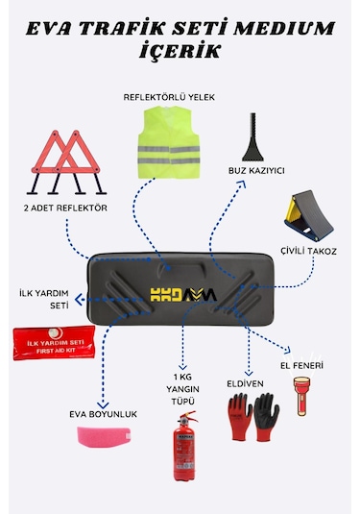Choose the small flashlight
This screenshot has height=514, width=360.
(x=302, y=397)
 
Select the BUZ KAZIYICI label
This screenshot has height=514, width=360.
(x=256, y=170)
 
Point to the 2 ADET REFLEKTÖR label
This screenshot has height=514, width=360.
(x=64, y=207)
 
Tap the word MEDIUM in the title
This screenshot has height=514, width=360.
(x=268, y=23)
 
